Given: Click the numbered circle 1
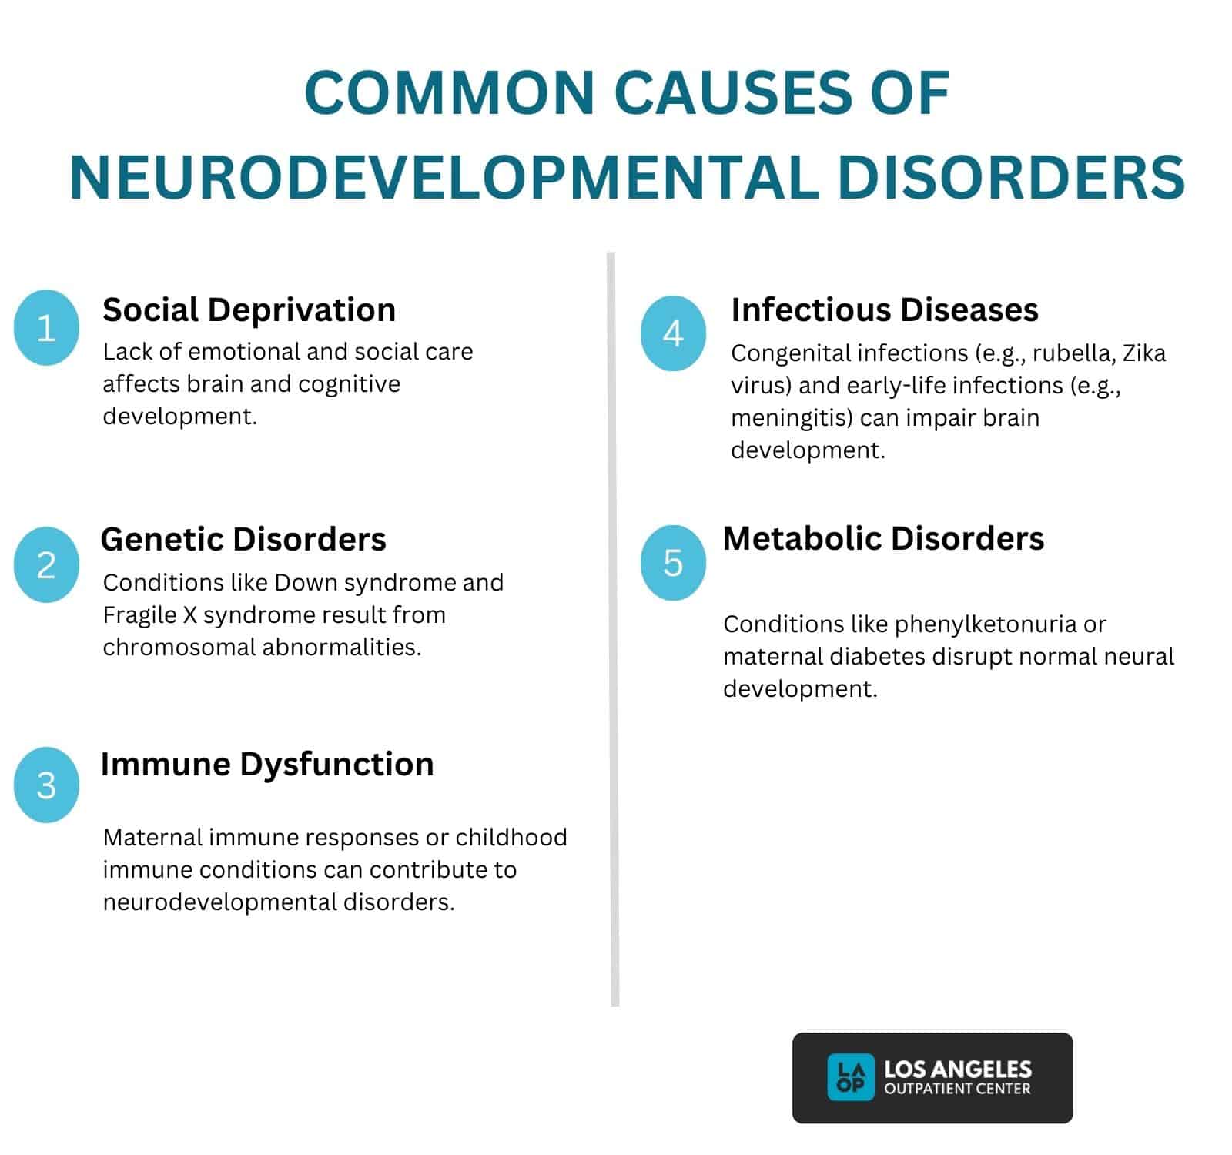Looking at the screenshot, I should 46,327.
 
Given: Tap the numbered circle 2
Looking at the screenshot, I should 46,564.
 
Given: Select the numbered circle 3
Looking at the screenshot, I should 46,785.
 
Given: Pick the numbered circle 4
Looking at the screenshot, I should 673,333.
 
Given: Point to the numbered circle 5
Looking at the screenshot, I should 673,562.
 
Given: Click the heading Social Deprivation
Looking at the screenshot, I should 249,310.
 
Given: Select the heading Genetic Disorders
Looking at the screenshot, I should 243,539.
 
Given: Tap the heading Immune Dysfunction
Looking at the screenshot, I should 267,764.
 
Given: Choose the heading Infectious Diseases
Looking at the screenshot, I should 885,310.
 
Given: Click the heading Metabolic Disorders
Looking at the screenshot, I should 883,538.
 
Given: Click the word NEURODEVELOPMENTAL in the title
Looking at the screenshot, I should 446,178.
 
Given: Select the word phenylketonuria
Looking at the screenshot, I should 986,624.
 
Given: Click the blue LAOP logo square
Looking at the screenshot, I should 850,1076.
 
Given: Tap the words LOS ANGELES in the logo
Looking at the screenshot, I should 957,1069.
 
